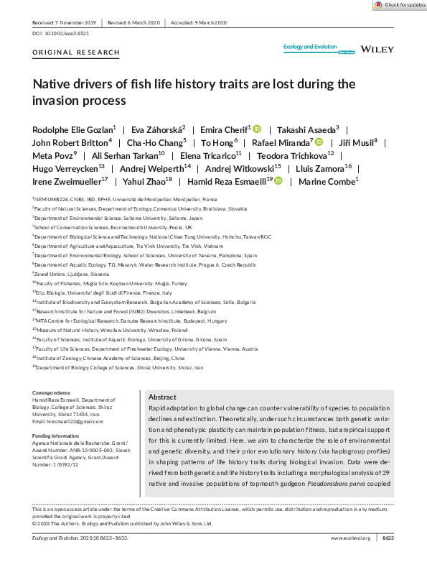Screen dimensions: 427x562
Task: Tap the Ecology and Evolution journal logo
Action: [x=310, y=47]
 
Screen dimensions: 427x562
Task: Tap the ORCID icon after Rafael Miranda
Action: [x=319, y=144]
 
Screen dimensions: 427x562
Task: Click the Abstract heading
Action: [x=162, y=397]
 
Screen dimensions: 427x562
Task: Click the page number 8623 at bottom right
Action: [x=387, y=538]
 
